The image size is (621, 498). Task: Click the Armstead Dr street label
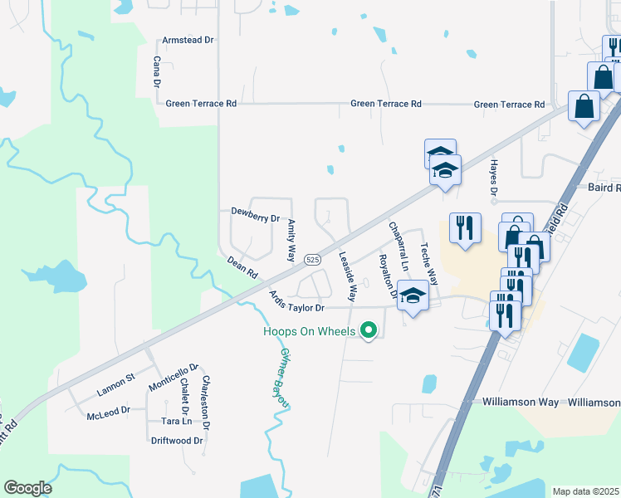pyautogui.click(x=188, y=40)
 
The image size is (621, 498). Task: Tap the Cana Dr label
pyautogui.click(x=156, y=72)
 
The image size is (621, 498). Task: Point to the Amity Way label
pyautogui.click(x=291, y=242)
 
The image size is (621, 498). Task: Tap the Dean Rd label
pyautogui.click(x=242, y=268)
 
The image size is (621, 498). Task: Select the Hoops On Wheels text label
pyautogui.click(x=310, y=331)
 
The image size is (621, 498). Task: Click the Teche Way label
pyautogui.click(x=428, y=263)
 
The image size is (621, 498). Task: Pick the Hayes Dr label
pyautogui.click(x=493, y=180)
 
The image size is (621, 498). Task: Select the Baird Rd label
pyautogui.click(x=604, y=188)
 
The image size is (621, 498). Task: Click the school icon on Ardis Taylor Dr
pyautogui.click(x=413, y=295)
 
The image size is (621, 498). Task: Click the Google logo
pyautogui.click(x=28, y=488)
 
